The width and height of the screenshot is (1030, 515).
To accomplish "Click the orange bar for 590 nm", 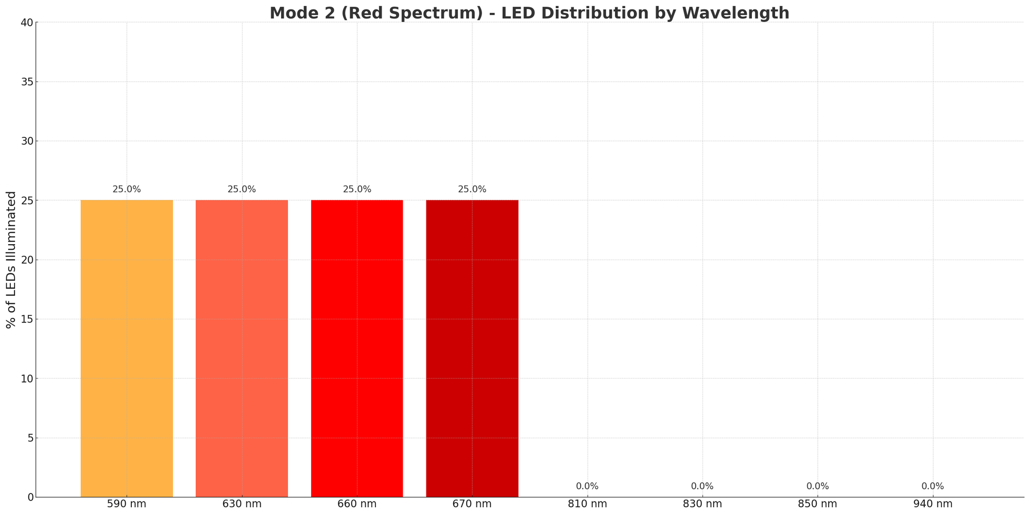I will click(127, 348).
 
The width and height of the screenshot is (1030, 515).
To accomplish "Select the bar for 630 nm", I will click(242, 348).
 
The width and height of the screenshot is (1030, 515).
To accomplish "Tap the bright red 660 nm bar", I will click(357, 348).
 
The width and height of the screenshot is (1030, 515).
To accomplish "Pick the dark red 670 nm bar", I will click(472, 348).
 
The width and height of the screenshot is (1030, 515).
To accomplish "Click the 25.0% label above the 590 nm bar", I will click(127, 189).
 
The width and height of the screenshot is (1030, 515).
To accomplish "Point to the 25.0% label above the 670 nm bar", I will click(472, 189).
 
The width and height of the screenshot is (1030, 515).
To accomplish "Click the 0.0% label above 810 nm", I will click(587, 486).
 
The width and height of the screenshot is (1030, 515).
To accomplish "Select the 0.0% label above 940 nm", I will click(933, 486).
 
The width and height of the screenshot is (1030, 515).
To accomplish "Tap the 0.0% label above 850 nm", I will click(817, 486).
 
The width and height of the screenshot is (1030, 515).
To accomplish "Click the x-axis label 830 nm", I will click(702, 504).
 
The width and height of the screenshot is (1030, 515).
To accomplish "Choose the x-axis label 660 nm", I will click(357, 504).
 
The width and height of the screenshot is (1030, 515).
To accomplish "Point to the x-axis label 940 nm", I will click(933, 504).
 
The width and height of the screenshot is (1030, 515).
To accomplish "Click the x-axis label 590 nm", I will click(127, 504).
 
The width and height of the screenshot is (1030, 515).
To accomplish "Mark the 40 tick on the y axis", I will click(27, 23).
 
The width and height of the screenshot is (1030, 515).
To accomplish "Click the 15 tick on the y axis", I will click(27, 319).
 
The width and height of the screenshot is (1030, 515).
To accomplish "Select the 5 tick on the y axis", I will click(30, 438).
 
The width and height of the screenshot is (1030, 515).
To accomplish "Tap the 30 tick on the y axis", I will click(27, 141).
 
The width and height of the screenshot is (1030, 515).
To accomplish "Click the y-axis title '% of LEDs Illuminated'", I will click(11, 260).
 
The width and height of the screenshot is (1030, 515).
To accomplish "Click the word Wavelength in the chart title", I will click(741, 13).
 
